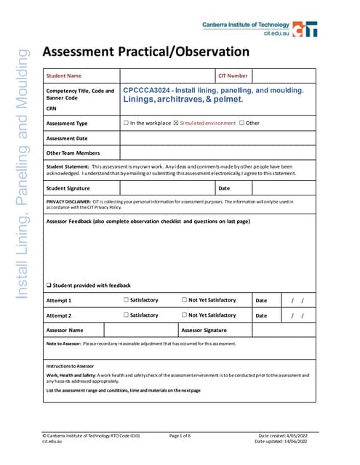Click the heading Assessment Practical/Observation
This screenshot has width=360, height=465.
click(x=146, y=52)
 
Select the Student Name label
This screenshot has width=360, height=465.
click(x=64, y=76)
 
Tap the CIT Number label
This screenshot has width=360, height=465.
click(x=233, y=76)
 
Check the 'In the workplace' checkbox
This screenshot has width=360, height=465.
click(x=127, y=123)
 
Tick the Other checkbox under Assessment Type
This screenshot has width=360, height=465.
click(x=241, y=123)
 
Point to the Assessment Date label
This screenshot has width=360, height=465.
click(x=67, y=138)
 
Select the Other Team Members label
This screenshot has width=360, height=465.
click(x=73, y=153)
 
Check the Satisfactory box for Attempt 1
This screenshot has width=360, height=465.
click(x=126, y=299)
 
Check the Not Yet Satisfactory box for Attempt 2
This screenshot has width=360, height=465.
click(x=184, y=315)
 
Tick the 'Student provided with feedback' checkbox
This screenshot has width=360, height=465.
click(x=49, y=285)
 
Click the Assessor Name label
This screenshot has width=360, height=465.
click(x=64, y=330)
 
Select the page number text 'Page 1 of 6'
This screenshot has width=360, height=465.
click(x=184, y=435)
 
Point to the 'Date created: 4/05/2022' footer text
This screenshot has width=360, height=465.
click(x=284, y=435)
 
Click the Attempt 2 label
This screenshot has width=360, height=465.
click(x=59, y=315)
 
